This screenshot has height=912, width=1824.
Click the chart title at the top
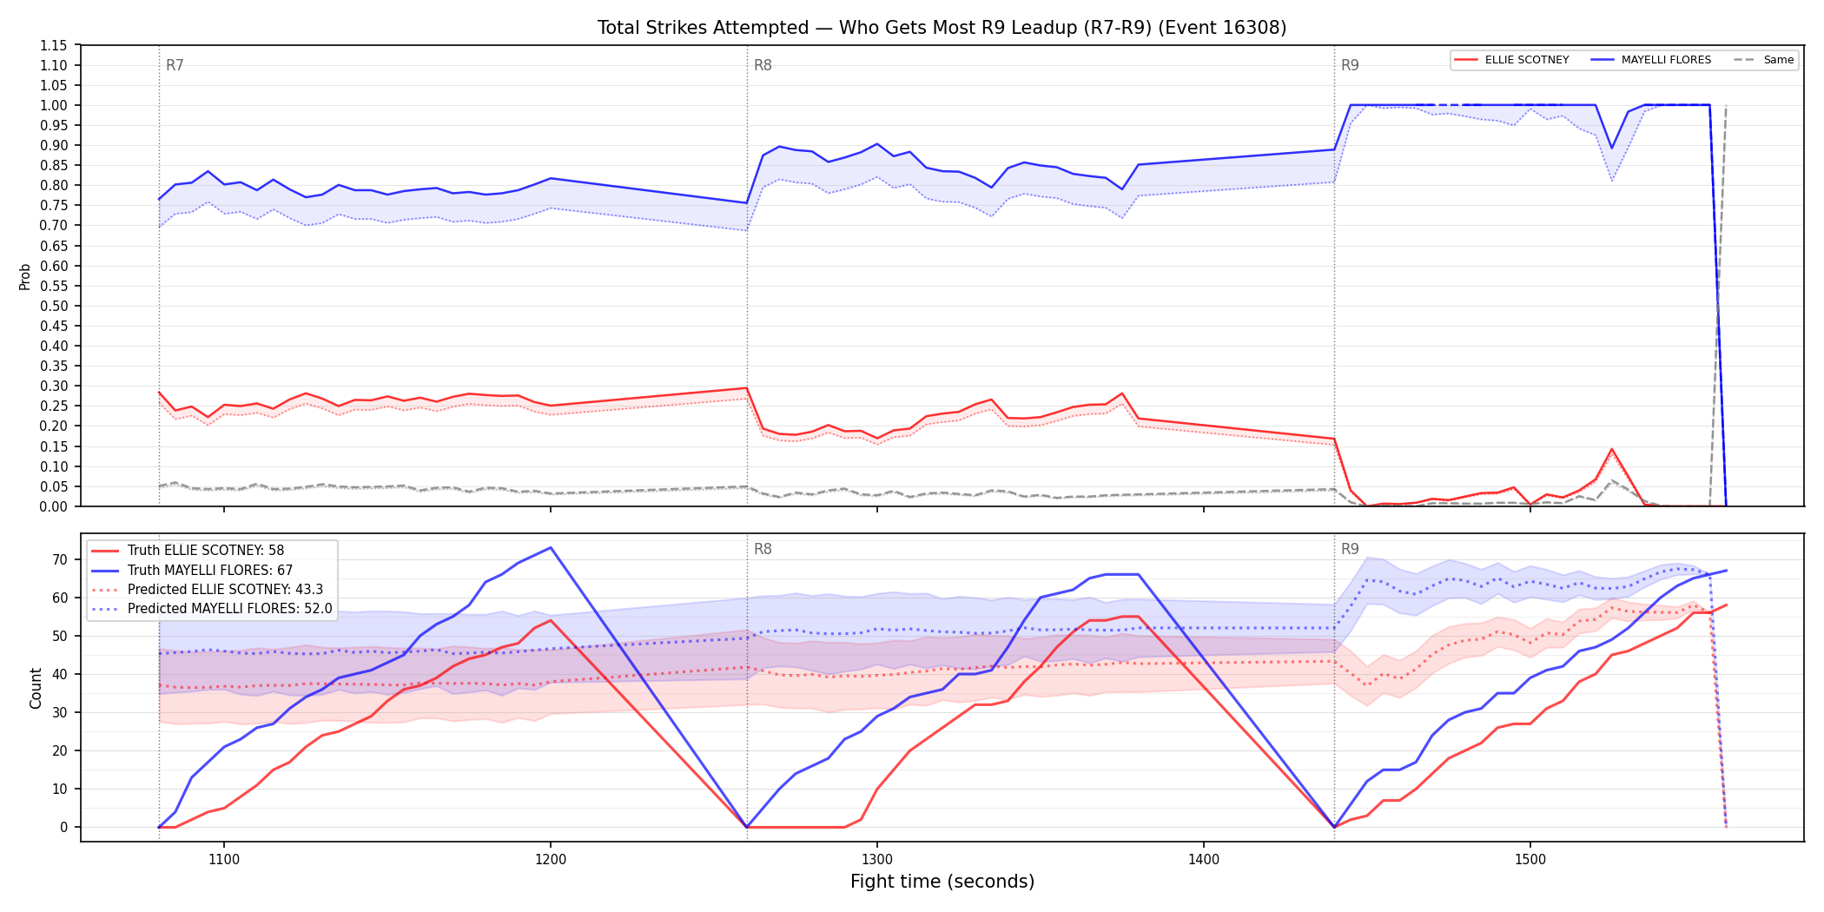click(x=942, y=28)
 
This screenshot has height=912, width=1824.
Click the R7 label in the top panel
click(x=175, y=65)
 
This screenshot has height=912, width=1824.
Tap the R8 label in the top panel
click(x=763, y=65)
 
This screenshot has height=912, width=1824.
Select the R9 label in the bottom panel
click(x=1350, y=549)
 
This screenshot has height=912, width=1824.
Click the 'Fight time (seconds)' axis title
click(x=942, y=882)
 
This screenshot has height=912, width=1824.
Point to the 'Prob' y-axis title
click(x=25, y=276)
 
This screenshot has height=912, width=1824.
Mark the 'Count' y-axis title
click(x=36, y=688)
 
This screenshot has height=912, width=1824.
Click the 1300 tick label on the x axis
click(x=876, y=860)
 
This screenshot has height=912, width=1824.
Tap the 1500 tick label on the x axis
click(x=1530, y=860)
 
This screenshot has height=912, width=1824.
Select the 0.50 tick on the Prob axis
click(x=54, y=306)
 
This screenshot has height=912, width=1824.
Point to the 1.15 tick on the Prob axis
click(x=54, y=45)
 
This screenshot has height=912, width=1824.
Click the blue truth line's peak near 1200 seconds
click(x=551, y=547)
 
